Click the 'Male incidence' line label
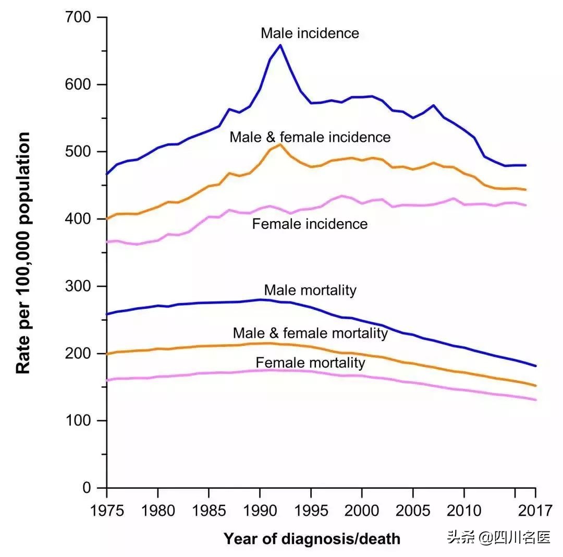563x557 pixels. click(x=310, y=33)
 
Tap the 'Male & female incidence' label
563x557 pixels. click(x=310, y=137)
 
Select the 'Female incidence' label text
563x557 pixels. click(x=310, y=224)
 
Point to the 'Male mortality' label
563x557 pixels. click(x=310, y=290)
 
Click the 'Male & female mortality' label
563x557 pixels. click(x=310, y=333)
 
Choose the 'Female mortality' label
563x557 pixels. click(x=310, y=363)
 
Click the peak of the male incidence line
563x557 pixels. click(x=280, y=45)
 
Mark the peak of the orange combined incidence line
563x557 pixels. click(x=280, y=144)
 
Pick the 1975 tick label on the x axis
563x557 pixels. click(x=107, y=508)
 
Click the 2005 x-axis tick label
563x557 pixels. click(x=413, y=508)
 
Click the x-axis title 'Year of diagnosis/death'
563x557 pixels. click(x=312, y=539)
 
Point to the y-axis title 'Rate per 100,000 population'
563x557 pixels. click(x=23, y=253)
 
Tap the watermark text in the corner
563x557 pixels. click(x=498, y=538)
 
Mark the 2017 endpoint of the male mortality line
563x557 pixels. click(x=535, y=366)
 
